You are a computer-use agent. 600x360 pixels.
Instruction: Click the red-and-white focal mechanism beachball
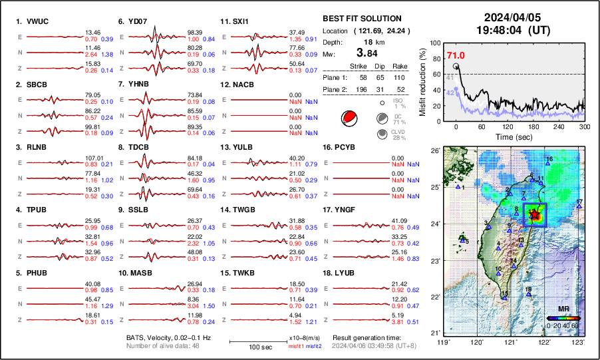348,118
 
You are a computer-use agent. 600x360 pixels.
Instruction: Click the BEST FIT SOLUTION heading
361,19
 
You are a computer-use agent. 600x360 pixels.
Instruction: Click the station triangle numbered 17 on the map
579,207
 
